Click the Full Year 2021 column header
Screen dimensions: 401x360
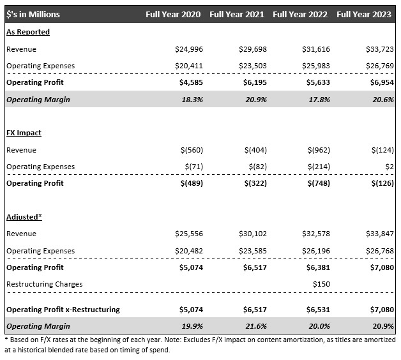pos(237,14)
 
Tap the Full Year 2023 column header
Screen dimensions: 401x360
pos(364,14)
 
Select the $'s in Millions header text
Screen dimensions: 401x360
pos(33,14)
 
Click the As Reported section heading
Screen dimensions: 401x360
pos(28,32)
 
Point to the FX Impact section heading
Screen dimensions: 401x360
pos(24,133)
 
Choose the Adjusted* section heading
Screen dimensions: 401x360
pos(24,217)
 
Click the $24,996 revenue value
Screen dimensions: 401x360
pos(189,49)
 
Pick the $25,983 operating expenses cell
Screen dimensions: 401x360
pos(316,66)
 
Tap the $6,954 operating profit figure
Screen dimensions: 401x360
pos(382,82)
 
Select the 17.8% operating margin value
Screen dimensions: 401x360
pos(319,100)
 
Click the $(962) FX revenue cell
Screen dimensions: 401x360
pos(319,150)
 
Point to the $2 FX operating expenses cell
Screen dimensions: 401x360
pos(390,167)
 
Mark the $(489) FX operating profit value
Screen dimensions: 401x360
pos(192,183)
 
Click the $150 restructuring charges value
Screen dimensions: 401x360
pos(321,284)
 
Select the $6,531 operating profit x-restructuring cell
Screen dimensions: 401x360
pos(319,310)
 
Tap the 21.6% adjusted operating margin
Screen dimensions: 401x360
pos(256,326)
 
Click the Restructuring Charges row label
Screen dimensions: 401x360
pos(45,284)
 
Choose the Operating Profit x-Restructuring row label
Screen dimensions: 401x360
pos(63,310)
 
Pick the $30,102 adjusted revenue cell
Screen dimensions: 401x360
pos(253,234)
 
